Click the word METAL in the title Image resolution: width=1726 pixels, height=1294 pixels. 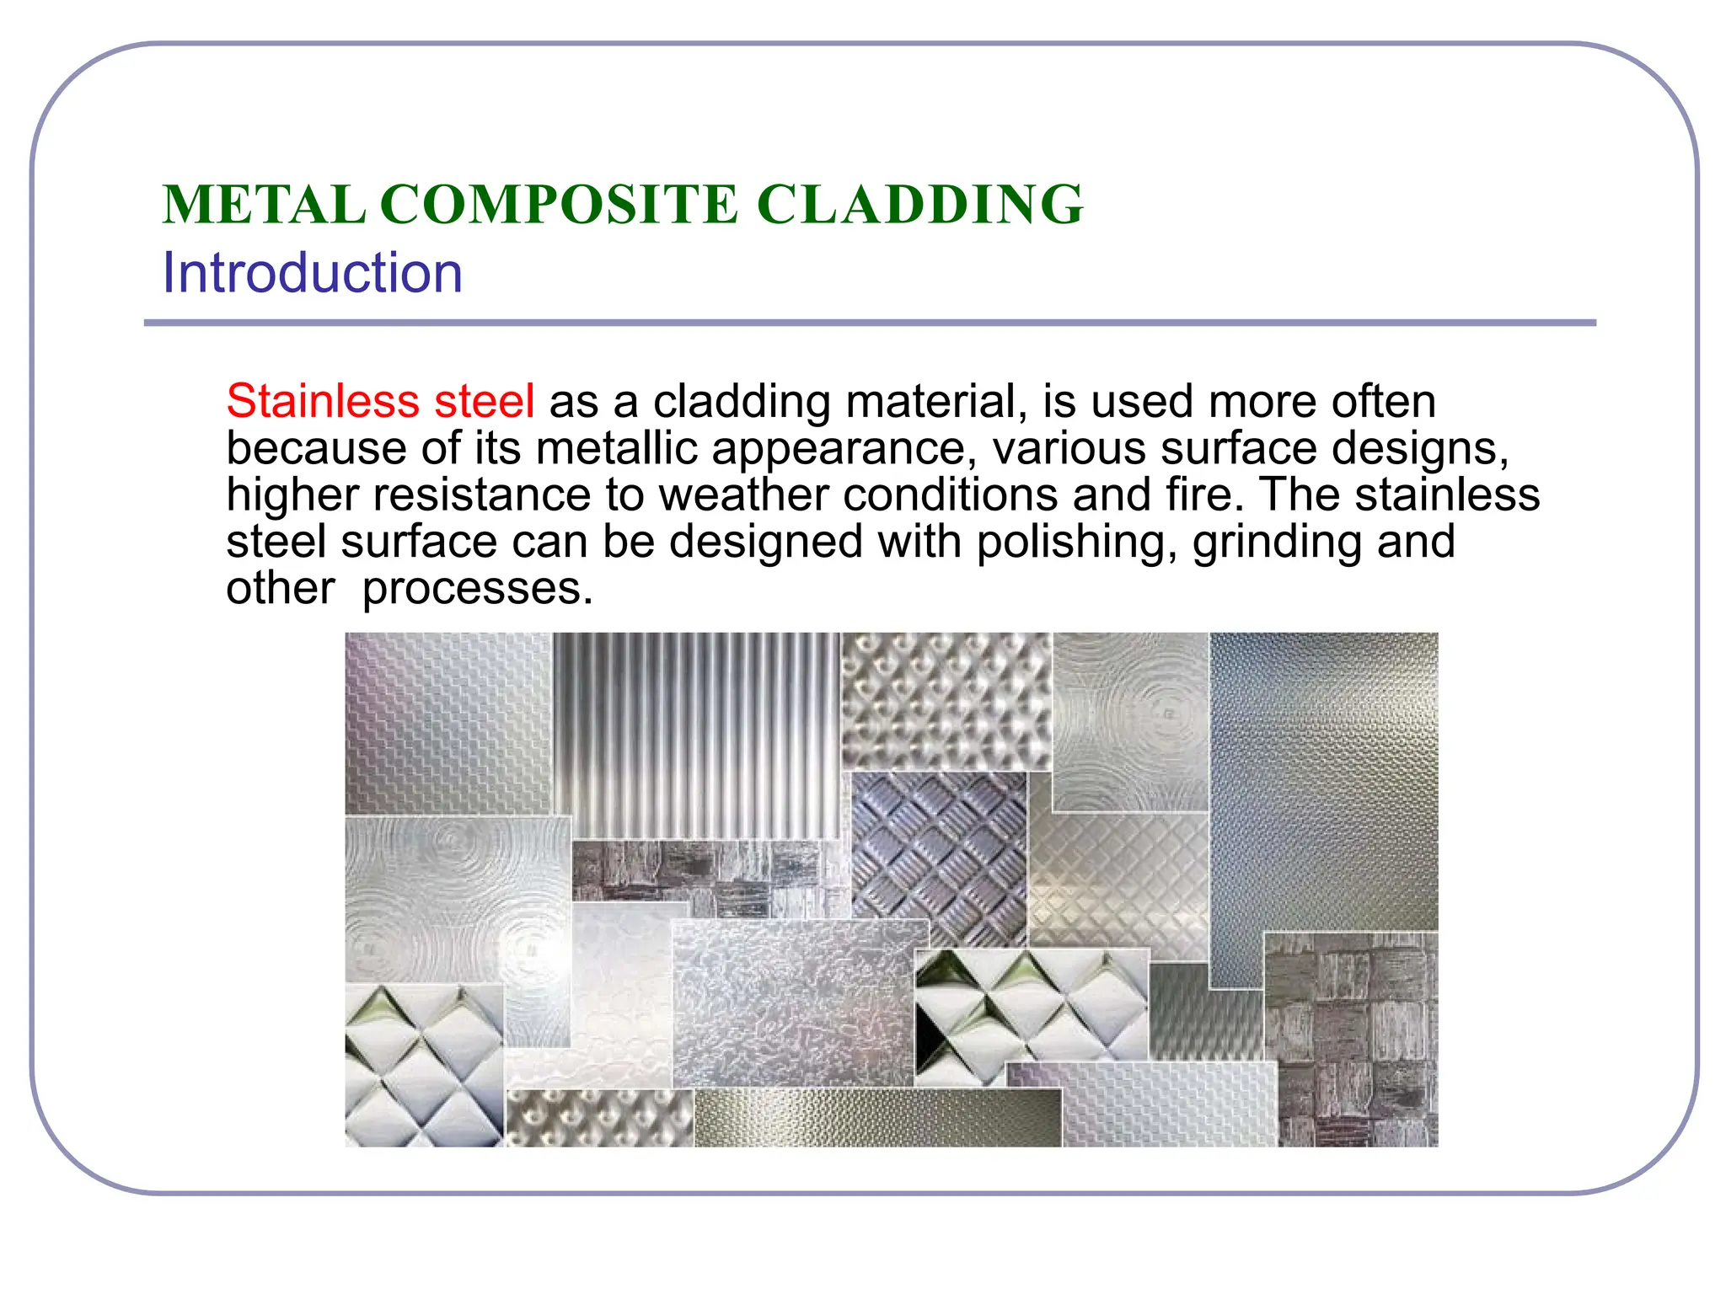click(x=264, y=205)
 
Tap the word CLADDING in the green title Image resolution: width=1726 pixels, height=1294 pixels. click(x=919, y=205)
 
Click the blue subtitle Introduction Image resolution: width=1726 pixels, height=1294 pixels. click(x=312, y=273)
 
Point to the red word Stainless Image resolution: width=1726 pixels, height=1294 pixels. click(x=322, y=401)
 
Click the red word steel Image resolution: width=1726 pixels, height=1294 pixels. click(x=484, y=401)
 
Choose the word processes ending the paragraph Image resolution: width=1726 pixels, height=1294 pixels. click(x=477, y=588)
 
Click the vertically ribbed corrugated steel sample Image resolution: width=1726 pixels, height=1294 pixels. click(x=696, y=733)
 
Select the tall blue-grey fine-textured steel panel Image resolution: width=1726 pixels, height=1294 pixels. click(x=1323, y=783)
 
